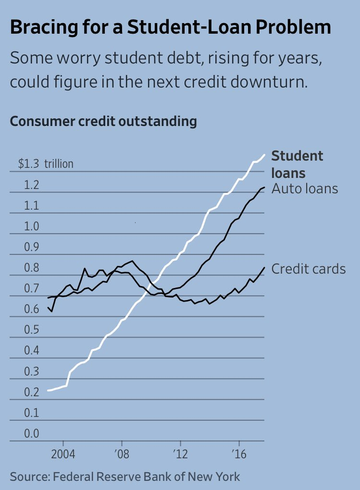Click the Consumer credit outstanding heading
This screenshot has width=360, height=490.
coord(103,121)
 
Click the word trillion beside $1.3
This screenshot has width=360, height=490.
coord(59,164)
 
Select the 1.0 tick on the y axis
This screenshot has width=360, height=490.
coord(32,226)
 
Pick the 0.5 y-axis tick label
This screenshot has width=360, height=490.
coord(32,330)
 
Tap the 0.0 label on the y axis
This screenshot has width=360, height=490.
coord(32,434)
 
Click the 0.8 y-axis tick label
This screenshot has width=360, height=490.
coord(32,268)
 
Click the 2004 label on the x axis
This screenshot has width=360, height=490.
coord(62,454)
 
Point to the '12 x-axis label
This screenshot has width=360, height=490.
coord(180,454)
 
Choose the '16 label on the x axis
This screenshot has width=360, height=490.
coord(239,454)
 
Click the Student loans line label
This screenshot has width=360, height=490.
coord(297,164)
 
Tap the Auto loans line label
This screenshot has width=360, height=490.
coord(305,188)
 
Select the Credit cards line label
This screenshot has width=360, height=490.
coord(309,268)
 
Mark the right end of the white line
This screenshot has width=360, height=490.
coord(264,154)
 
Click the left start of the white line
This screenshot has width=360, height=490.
coord(48,390)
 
